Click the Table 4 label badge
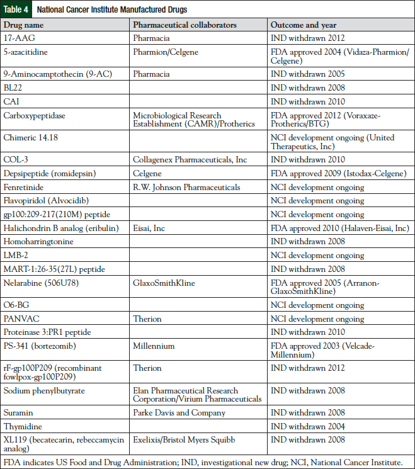click(x=17, y=9)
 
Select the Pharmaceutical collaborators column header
click(x=184, y=25)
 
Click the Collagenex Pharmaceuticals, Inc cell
click(x=190, y=160)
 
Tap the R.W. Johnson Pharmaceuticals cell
click(x=186, y=187)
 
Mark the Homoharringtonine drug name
click(x=38, y=242)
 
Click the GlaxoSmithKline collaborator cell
click(x=163, y=283)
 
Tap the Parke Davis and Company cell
click(x=179, y=413)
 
